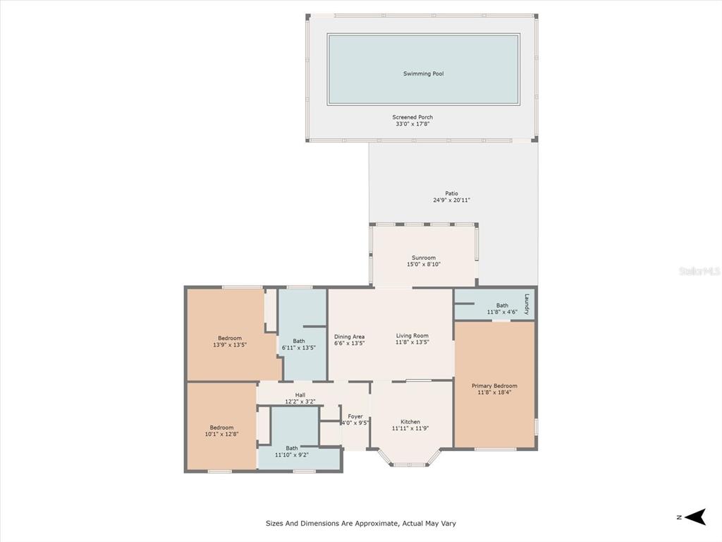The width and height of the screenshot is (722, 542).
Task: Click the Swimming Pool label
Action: coord(423,73)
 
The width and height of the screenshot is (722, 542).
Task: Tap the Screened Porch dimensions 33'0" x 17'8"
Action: coord(412,124)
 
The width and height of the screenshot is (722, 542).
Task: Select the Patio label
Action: coord(451,193)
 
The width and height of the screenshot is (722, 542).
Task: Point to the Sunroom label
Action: coord(423,258)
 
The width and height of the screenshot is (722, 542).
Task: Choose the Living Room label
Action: coord(412,336)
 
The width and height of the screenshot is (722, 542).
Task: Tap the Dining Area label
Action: coord(349,337)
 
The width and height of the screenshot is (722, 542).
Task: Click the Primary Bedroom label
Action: coord(494,386)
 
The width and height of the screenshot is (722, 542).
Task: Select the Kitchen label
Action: coord(410,422)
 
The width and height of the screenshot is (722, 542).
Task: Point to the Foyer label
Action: coord(355,416)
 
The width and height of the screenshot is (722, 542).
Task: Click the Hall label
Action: coord(300,395)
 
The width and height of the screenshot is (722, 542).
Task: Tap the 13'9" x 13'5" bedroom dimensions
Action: coord(230,344)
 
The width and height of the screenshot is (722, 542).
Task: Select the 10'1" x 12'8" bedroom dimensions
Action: coord(221,434)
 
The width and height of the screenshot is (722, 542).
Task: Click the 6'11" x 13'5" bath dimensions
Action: coord(298,348)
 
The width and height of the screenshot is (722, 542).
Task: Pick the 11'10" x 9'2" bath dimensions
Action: coord(291,455)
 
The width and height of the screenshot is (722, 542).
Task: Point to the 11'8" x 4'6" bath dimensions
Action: coord(502,312)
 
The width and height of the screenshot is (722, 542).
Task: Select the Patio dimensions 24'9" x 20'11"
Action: coord(451,200)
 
